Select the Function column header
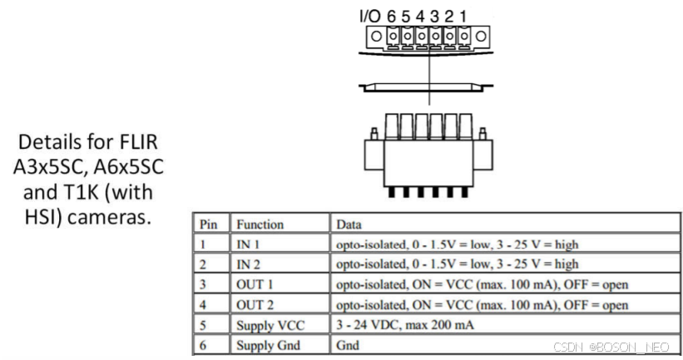(260, 224)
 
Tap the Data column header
(350, 224)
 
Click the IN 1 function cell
(250, 244)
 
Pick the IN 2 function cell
(250, 264)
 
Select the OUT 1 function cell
(255, 285)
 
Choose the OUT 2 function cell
(255, 305)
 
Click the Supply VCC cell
(268, 325)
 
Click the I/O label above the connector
(370, 15)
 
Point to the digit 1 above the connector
(463, 15)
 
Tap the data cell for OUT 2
(482, 305)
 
